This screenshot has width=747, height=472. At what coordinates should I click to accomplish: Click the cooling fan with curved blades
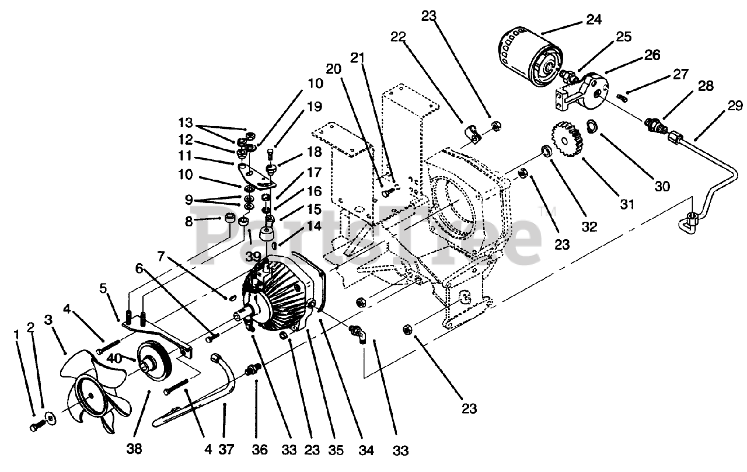point(93,397)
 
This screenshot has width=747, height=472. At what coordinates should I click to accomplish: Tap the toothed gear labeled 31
point(566,143)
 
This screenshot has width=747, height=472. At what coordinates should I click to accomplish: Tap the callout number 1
point(16,335)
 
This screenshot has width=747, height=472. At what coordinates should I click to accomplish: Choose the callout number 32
point(589,227)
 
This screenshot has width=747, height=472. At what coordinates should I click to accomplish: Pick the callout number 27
point(680,74)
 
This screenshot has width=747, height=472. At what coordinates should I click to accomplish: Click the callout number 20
point(333,68)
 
